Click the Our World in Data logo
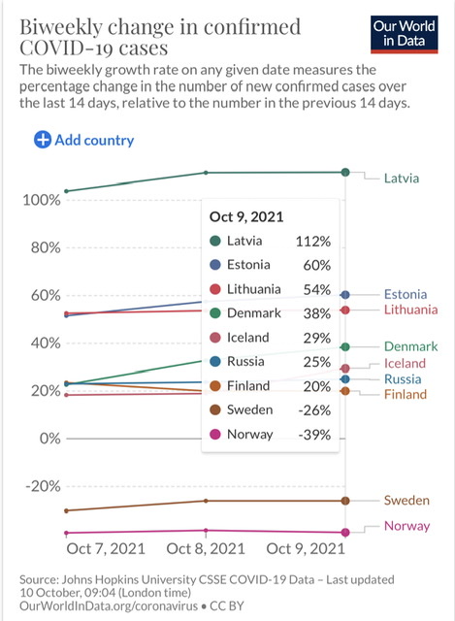pyautogui.click(x=404, y=34)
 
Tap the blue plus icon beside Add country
pyautogui.click(x=43, y=140)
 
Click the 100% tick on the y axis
pyautogui.click(x=42, y=200)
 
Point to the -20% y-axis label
pyautogui.click(x=43, y=486)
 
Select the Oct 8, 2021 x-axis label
pyautogui.click(x=206, y=548)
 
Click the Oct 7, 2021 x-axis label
pyautogui.click(x=106, y=548)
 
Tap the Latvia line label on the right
pyautogui.click(x=401, y=179)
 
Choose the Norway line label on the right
pyautogui.click(x=406, y=526)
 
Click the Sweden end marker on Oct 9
pyautogui.click(x=345, y=501)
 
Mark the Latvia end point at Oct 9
pyautogui.click(x=345, y=172)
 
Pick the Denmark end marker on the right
pyautogui.click(x=345, y=347)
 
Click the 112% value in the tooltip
pyautogui.click(x=312, y=242)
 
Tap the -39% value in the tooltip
pyautogui.click(x=314, y=435)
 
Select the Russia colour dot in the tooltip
pyautogui.click(x=215, y=361)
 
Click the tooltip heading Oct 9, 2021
pyautogui.click(x=246, y=216)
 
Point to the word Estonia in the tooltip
pyautogui.click(x=248, y=265)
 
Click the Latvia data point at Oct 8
pyautogui.click(x=206, y=173)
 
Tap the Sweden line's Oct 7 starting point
pyautogui.click(x=67, y=511)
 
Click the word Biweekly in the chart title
pyautogui.click(x=62, y=28)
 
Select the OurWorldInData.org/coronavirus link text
pyautogui.click(x=109, y=605)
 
